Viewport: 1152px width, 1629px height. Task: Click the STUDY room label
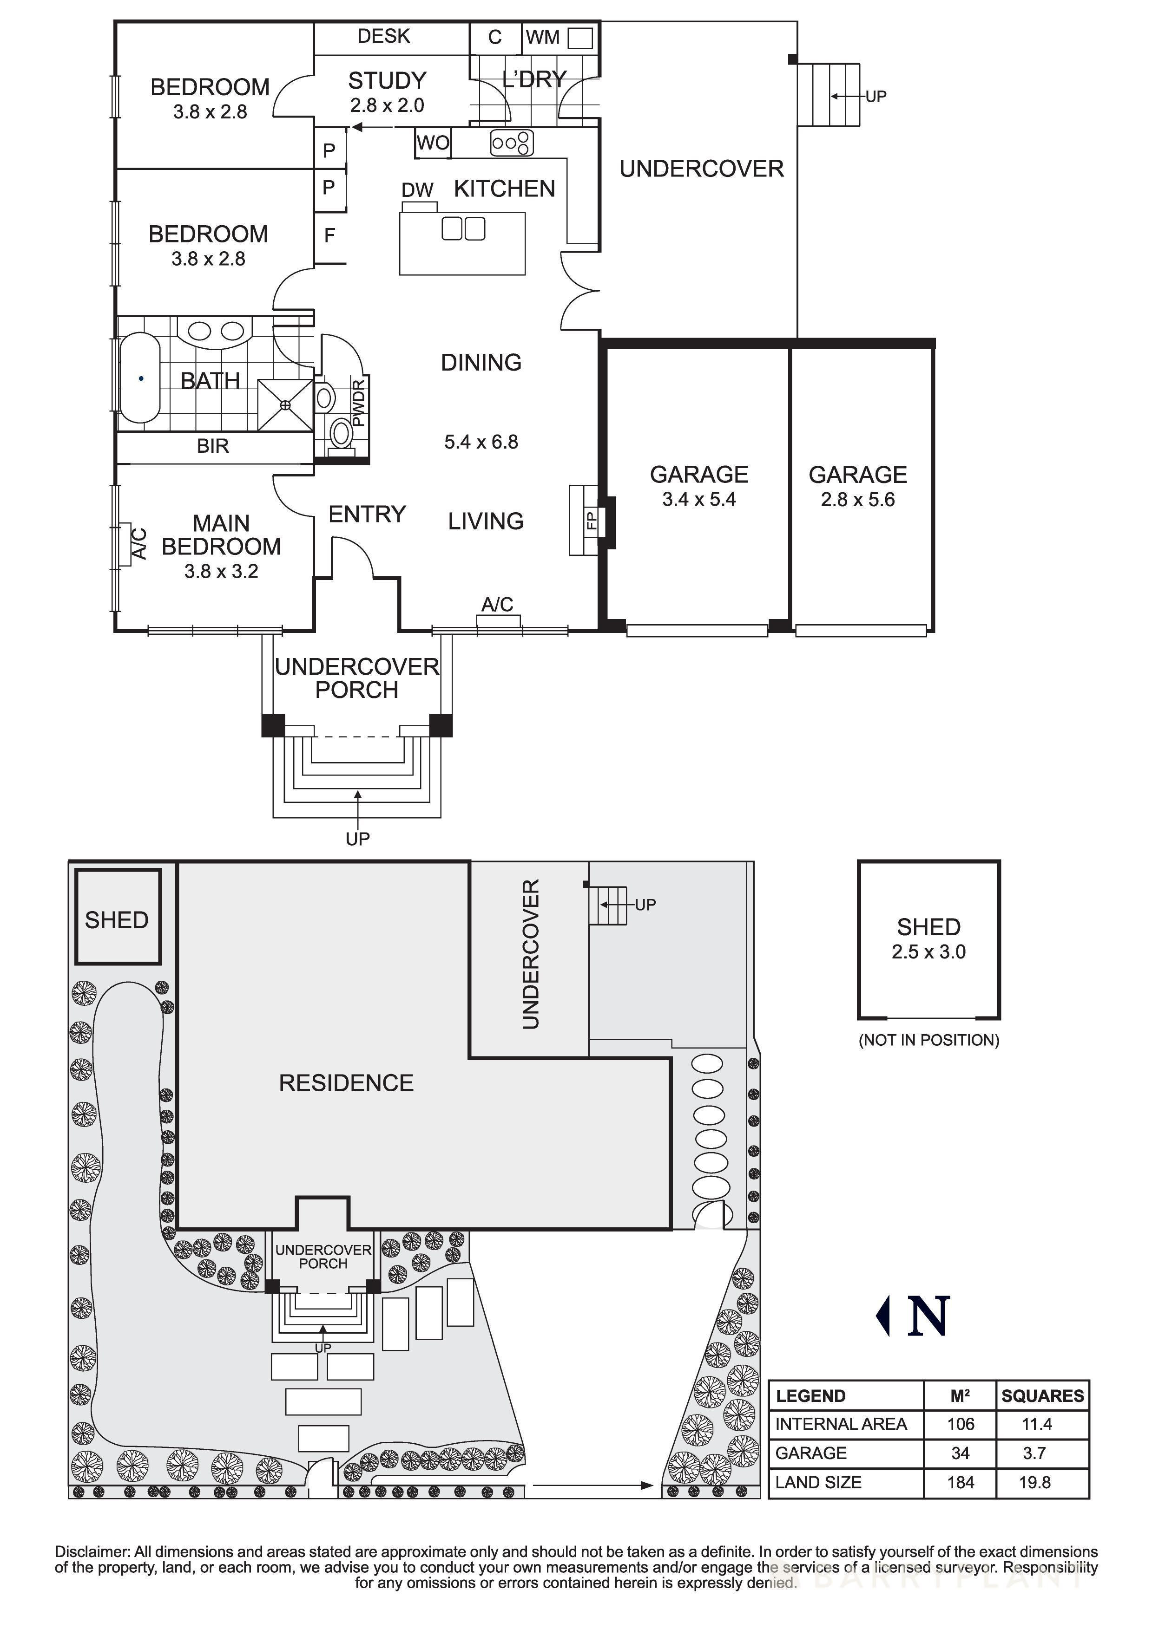(x=387, y=81)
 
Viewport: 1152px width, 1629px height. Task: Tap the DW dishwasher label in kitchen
(x=417, y=190)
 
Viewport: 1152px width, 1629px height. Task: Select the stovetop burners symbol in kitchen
(x=512, y=143)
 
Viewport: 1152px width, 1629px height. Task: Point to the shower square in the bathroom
(x=285, y=405)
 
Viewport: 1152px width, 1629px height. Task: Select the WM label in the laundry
(x=543, y=37)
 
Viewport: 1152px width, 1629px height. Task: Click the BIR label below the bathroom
(x=213, y=446)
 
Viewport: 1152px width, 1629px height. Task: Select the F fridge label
(x=329, y=235)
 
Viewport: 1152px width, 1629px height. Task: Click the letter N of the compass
(x=928, y=1316)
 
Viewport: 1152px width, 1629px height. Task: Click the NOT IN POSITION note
(x=928, y=1040)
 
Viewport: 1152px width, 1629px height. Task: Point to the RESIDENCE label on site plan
(x=346, y=1083)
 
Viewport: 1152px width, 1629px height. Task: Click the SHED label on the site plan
(x=116, y=920)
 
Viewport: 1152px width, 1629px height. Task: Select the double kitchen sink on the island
(x=463, y=228)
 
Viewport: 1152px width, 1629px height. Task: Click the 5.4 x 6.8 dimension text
(x=481, y=442)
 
